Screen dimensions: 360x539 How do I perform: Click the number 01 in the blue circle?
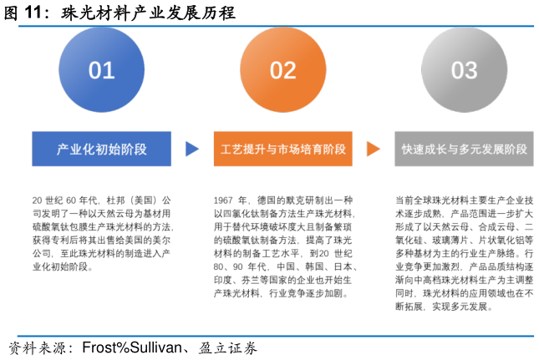[x=101, y=71]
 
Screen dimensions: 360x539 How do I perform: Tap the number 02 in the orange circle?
[x=282, y=71]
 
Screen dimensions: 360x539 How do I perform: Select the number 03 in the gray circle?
[x=464, y=71]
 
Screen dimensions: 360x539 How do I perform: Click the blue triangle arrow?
[x=192, y=149]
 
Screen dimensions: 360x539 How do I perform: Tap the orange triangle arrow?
[x=373, y=149]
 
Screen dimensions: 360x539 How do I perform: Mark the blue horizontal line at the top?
[x=276, y=27]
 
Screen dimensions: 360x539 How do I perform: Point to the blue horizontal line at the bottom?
[x=276, y=336]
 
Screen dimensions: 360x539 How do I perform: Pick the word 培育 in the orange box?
[x=310, y=150]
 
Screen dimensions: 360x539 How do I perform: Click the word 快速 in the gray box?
[x=412, y=150]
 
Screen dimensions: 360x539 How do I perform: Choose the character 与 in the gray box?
[x=452, y=150]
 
